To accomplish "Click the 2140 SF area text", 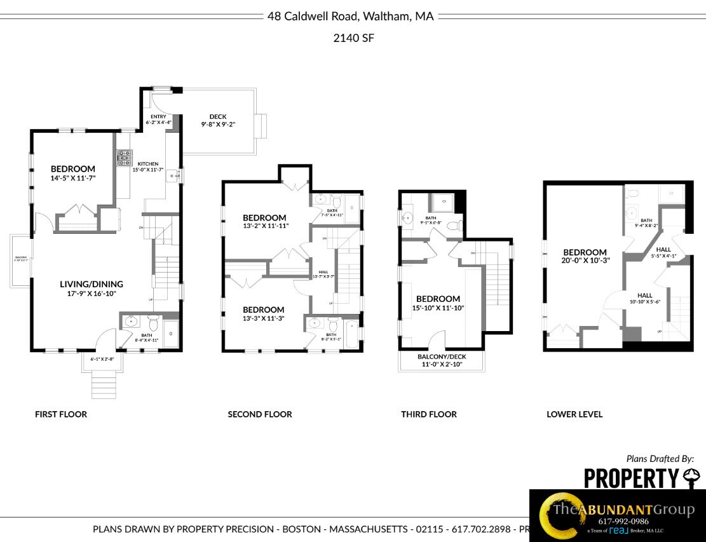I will (x=353, y=38).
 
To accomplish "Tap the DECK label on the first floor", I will (x=217, y=117).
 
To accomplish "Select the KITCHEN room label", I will (x=147, y=164).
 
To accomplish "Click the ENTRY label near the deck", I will (x=158, y=117).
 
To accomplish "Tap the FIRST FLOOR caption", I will (x=60, y=414).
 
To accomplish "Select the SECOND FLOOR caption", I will (x=260, y=414).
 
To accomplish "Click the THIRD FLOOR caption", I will (x=428, y=414).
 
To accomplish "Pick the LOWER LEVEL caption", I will (x=574, y=414).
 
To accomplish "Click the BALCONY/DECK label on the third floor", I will (x=441, y=357).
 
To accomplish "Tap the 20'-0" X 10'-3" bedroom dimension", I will (x=585, y=261).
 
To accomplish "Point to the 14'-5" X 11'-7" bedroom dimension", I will (x=73, y=179).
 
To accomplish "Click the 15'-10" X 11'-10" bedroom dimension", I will (x=438, y=308).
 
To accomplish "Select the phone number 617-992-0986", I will (x=623, y=521).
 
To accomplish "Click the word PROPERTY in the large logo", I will (x=631, y=478).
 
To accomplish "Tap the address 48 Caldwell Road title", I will (x=350, y=17).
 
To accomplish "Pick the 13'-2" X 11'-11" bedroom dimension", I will (x=264, y=226).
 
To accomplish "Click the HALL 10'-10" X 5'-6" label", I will (x=645, y=298).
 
